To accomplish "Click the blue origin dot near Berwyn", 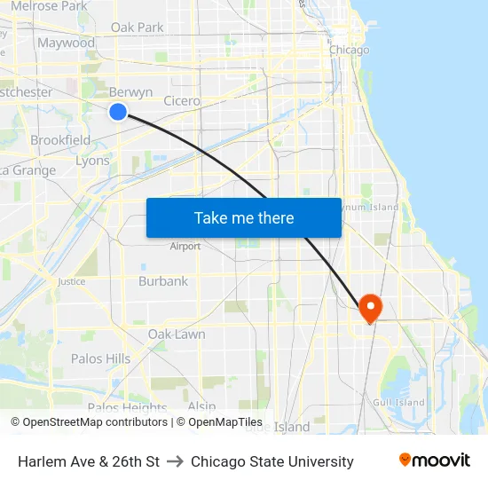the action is [x=118, y=111].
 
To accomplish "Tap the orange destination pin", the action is [x=369, y=307].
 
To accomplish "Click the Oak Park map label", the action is [x=137, y=28].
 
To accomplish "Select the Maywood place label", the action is [x=66, y=43].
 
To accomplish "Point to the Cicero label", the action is [x=182, y=101].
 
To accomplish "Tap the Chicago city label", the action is [x=349, y=51].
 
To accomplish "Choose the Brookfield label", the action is [x=60, y=140].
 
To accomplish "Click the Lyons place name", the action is [x=92, y=161].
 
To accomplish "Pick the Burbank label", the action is [x=163, y=281].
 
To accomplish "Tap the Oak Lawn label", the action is [x=177, y=335].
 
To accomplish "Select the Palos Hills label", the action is [x=100, y=358].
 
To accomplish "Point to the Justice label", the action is [x=72, y=281].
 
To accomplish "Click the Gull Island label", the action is [x=398, y=402].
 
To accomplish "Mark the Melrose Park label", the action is [x=49, y=6].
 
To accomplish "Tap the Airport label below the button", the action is [x=185, y=246].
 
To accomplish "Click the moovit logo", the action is [x=434, y=460].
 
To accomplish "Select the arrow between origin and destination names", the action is [x=175, y=461].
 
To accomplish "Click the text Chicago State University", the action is [x=272, y=461].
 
